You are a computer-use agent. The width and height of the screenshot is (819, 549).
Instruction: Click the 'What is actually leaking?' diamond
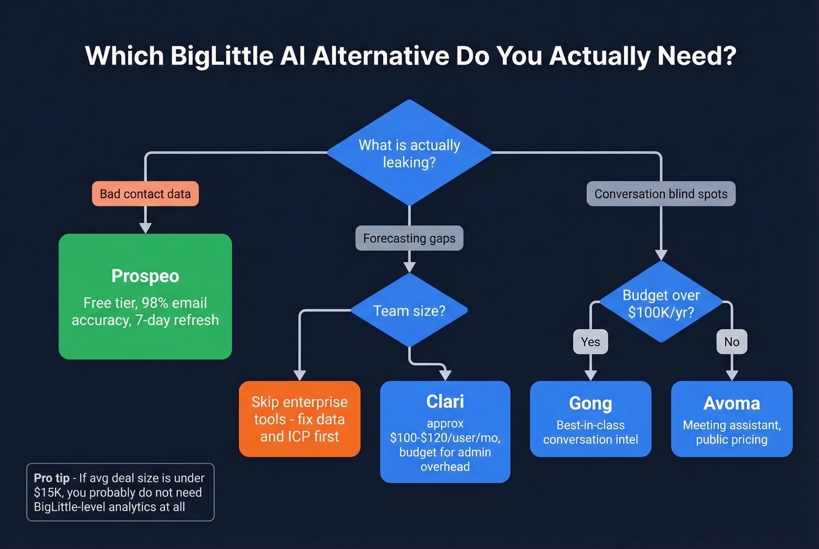pyautogui.click(x=409, y=153)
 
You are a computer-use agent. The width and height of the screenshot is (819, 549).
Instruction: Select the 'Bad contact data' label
pyautogui.click(x=145, y=194)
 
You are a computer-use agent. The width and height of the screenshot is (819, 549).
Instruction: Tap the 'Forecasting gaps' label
pyautogui.click(x=409, y=239)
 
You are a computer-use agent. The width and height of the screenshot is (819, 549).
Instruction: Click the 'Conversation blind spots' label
pyautogui.click(x=660, y=194)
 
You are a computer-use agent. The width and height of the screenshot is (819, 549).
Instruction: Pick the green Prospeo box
pyautogui.click(x=145, y=296)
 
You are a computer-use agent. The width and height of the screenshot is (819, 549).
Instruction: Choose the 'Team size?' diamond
pyautogui.click(x=409, y=310)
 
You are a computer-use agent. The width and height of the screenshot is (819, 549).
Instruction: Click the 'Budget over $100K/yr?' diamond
pyautogui.click(x=661, y=303)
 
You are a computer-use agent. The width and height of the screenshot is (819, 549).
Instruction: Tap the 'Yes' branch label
pyautogui.click(x=590, y=342)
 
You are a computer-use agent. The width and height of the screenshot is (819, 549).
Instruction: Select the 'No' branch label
pyautogui.click(x=731, y=342)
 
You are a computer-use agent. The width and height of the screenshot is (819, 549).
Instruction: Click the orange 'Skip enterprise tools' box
pyautogui.click(x=300, y=419)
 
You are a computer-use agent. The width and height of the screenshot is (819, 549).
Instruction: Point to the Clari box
pyautogui.click(x=445, y=432)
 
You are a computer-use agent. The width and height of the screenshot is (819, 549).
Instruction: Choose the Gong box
pyautogui.click(x=590, y=419)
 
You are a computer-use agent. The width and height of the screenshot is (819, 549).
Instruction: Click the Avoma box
pyautogui.click(x=731, y=419)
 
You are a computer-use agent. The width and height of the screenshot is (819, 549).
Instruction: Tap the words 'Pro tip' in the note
pyautogui.click(x=51, y=478)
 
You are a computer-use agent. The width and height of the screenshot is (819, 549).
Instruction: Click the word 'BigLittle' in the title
pyautogui.click(x=222, y=56)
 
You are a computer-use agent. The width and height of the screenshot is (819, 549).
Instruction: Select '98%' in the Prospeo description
pyautogui.click(x=155, y=303)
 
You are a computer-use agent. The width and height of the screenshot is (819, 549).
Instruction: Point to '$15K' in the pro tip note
pyautogui.click(x=47, y=492)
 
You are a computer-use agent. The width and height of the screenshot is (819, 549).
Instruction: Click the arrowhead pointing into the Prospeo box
pyautogui.click(x=145, y=228)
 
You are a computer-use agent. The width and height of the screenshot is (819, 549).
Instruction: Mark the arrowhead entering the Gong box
pyautogui.click(x=590, y=375)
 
